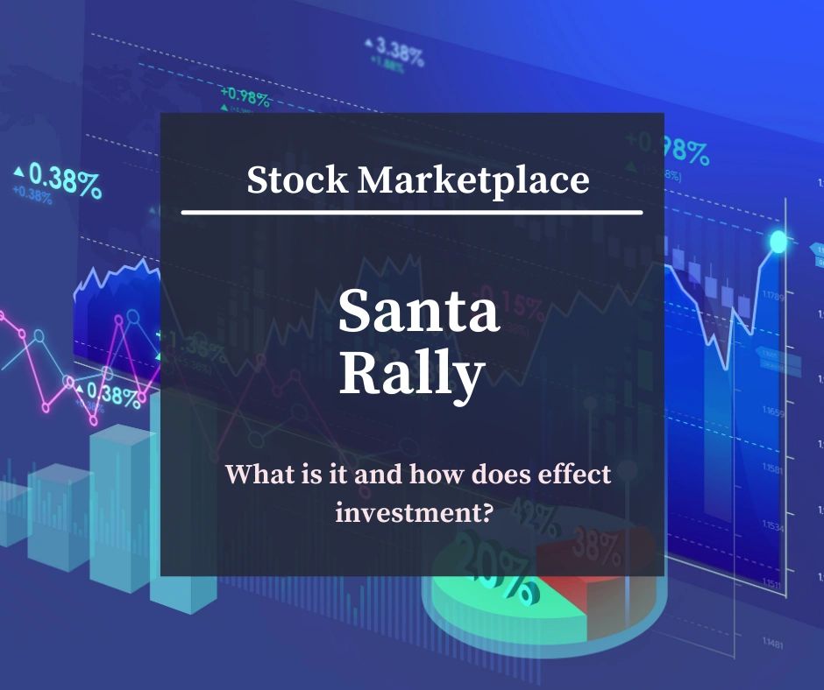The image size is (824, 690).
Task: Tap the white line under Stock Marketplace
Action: coord(411,212)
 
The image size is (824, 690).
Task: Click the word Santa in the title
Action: coord(418,313)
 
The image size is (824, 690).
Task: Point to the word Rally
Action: coord(411,374)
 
